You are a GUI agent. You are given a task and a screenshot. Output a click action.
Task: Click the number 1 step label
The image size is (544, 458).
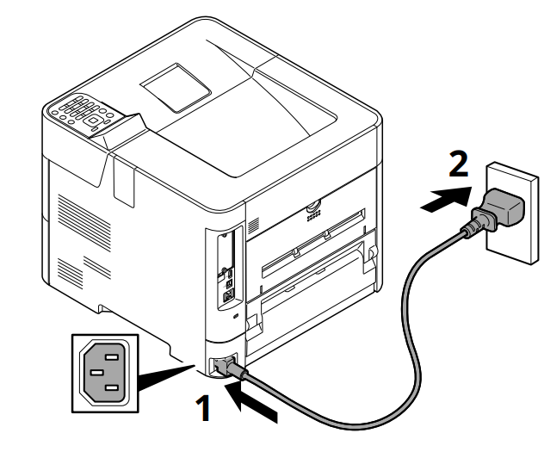pyautogui.click(x=203, y=408)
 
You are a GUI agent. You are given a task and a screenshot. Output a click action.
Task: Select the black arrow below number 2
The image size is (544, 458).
pyautogui.click(x=446, y=202)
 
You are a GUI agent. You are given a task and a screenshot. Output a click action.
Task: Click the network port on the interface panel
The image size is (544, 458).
pyautogui.click(x=229, y=294)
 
